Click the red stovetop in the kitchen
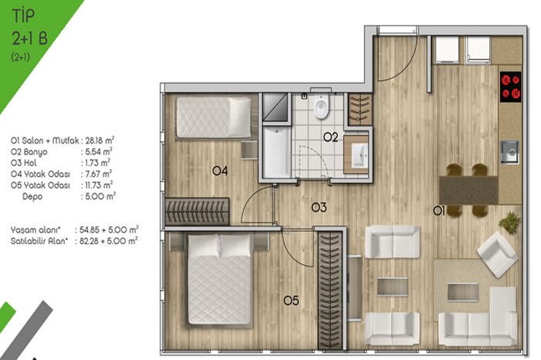(x=511, y=87)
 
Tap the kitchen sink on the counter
(x=509, y=151)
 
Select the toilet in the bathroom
(x=322, y=106)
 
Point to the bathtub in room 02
(x=277, y=151)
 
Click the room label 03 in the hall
(x=318, y=207)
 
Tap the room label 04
(x=219, y=171)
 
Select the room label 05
(x=291, y=301)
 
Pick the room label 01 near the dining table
(x=439, y=211)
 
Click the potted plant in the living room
(x=509, y=222)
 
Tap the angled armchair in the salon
(x=497, y=254)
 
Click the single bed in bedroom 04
(x=214, y=117)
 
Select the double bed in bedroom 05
(x=219, y=280)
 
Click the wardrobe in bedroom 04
(x=197, y=212)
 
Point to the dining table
(x=468, y=190)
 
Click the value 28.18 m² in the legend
(x=100, y=141)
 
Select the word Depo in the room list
(x=32, y=196)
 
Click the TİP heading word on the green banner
(x=23, y=16)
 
